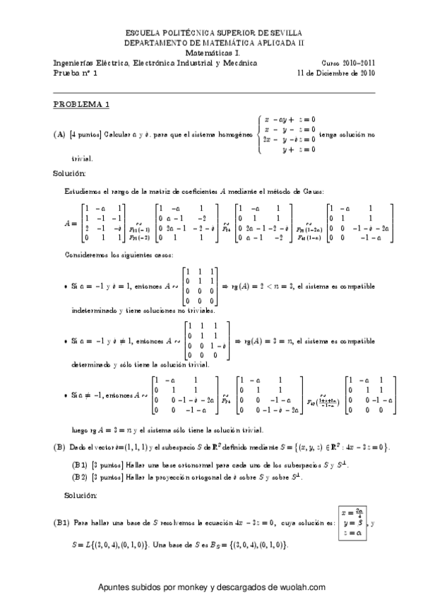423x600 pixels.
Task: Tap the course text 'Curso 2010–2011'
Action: coord(347,62)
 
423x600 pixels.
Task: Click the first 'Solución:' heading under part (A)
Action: coord(69,173)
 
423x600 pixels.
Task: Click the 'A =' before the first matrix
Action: coord(71,224)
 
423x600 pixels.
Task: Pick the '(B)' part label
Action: coord(59,447)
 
